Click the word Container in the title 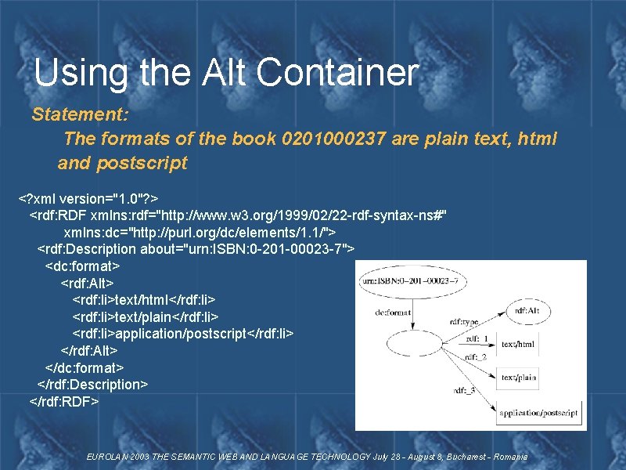337,73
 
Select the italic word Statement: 80,114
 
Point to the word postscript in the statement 142,163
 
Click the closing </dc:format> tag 85,367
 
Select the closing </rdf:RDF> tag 64,401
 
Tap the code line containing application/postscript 183,333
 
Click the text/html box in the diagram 518,344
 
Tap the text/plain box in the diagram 519,378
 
